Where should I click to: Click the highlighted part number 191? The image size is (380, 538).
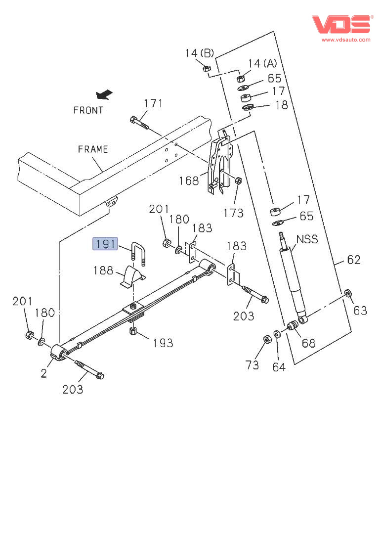coord(105,243)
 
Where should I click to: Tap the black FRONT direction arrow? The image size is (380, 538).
coord(104,93)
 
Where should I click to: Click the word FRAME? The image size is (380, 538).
coord(92,149)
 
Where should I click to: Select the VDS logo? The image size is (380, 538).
coord(341,24)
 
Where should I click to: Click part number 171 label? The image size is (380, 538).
coord(153,103)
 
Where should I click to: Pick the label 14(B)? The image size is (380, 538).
coord(200,53)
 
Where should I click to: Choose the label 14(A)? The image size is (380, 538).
coord(262,63)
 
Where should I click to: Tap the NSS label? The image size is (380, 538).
coord(307,240)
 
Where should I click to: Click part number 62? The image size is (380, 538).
coord(353,260)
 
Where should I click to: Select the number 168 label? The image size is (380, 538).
coord(188,180)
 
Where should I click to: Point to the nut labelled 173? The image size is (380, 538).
coord(238,180)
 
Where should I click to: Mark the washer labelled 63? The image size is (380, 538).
coord(347,295)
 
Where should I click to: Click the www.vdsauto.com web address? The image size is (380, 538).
coord(346,40)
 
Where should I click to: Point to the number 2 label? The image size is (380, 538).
coord(44,373)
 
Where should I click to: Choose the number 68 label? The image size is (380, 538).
coord(308,342)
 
